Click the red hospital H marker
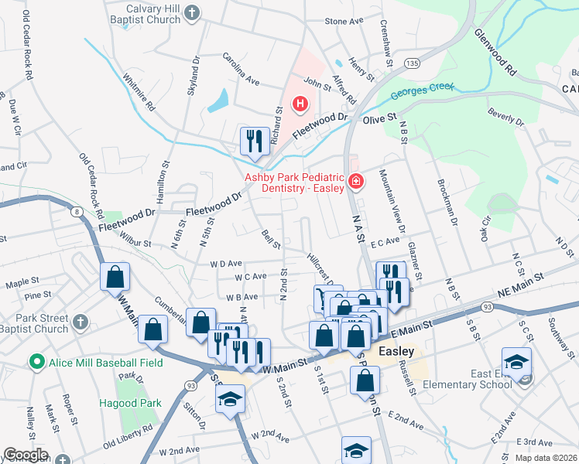(300, 104)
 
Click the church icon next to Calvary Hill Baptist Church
(193, 12)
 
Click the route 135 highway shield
(413, 63)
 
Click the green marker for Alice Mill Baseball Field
(35, 361)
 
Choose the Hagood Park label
(129, 403)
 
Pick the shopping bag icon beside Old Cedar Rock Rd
(115, 278)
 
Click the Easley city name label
(396, 350)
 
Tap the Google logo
(26, 455)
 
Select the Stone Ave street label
(344, 22)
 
